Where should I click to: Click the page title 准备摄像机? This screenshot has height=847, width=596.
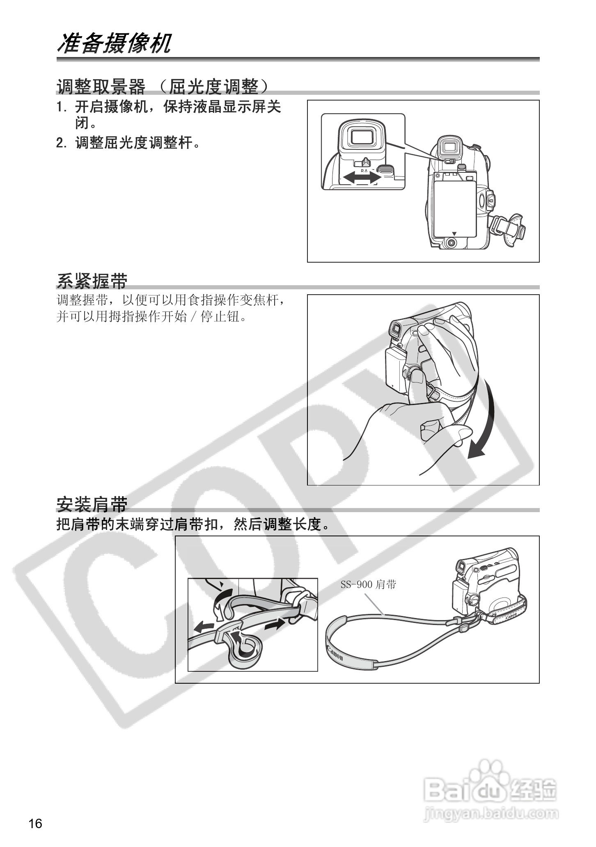tap(114, 43)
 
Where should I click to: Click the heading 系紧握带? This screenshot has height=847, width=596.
tap(92, 281)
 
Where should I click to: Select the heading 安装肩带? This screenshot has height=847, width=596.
tap(92, 504)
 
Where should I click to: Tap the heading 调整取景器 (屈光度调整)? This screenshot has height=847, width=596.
tap(163, 87)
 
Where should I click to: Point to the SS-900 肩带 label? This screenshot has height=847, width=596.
tap(368, 584)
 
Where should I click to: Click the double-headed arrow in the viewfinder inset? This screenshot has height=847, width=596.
tap(362, 178)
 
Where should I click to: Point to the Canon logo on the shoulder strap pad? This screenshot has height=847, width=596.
tap(335, 652)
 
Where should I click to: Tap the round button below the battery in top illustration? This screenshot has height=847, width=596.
tap(452, 242)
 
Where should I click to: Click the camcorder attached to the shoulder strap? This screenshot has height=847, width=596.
tap(486, 583)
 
